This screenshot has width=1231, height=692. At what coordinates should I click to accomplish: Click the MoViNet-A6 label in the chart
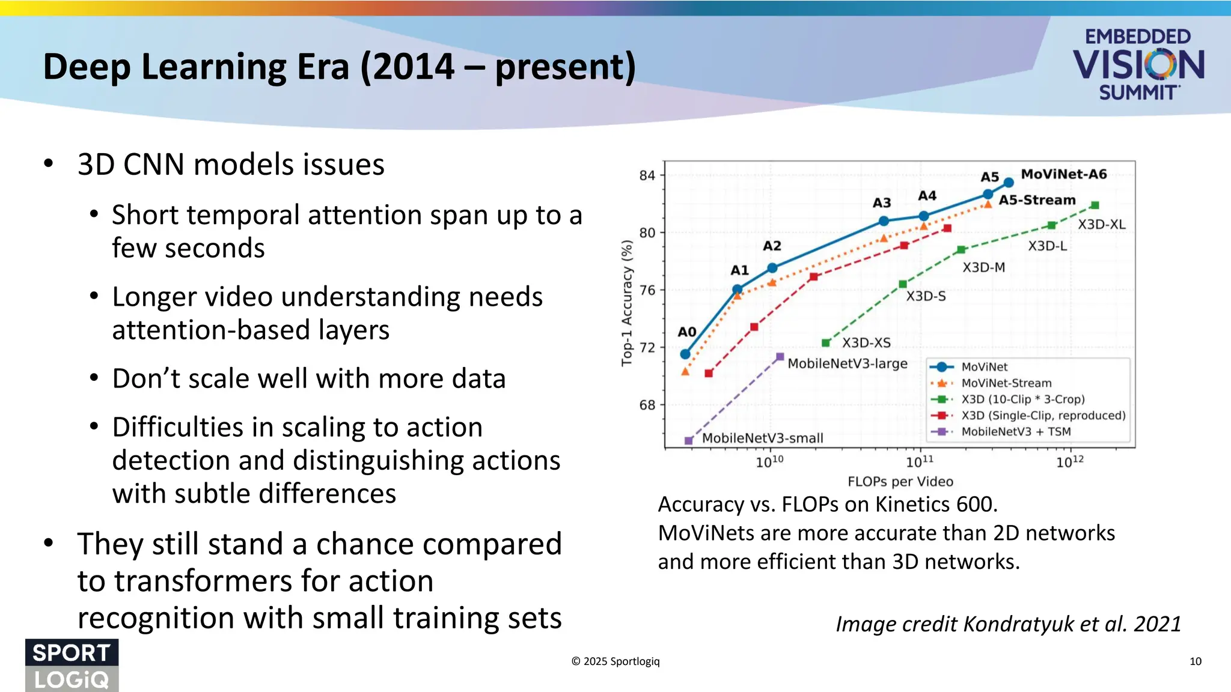coord(1063,174)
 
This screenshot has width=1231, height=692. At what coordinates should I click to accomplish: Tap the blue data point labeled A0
coord(685,354)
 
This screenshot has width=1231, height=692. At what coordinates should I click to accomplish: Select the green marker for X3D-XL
coord(1095,205)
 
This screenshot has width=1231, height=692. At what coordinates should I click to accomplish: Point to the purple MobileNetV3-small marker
coord(689,440)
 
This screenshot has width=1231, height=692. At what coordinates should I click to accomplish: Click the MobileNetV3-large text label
coord(847,363)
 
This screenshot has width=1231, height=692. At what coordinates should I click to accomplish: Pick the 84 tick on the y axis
coord(647,175)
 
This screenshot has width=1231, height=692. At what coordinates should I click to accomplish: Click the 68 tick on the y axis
coord(647,405)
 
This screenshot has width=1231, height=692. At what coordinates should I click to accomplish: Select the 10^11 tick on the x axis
coord(919,461)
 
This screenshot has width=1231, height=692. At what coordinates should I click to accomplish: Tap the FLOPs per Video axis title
coord(900,481)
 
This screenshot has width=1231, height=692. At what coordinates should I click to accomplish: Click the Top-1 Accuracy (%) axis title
coord(627,303)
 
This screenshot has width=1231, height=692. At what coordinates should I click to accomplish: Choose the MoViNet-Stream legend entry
coord(1006,383)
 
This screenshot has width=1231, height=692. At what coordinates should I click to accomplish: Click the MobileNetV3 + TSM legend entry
coord(1016,431)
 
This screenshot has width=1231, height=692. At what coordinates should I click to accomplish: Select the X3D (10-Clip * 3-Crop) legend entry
coord(1022,399)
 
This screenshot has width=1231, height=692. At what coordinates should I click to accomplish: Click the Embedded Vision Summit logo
coord(1138,64)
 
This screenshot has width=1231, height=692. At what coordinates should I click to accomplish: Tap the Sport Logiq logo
coord(72,666)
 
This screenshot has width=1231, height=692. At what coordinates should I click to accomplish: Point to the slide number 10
coord(1195,661)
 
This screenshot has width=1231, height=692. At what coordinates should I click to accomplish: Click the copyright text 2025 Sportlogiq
coord(615,661)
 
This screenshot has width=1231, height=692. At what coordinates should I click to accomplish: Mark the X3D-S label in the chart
coord(926,296)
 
